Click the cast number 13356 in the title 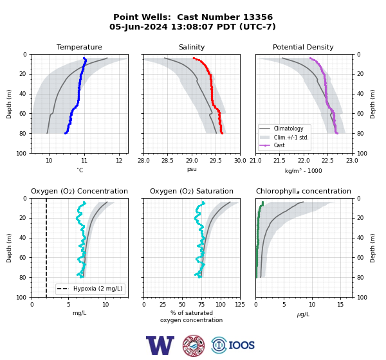[258, 17]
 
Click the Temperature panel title [79, 47]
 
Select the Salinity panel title [192, 47]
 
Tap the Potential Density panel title [303, 47]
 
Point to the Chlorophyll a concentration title [304, 191]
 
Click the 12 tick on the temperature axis [119, 161]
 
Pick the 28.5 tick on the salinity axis [167, 161]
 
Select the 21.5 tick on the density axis [279, 161]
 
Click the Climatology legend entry [288, 129]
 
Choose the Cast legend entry [279, 145]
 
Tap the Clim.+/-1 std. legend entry [291, 138]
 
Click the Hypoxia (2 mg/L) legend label [98, 289]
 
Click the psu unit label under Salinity [192, 170]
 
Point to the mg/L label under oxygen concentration [80, 313]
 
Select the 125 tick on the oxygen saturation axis [240, 305]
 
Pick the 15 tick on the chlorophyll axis [340, 305]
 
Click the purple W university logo [160, 345]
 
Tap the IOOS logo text [241, 345]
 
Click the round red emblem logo [194, 345]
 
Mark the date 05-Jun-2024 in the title [138, 26]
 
